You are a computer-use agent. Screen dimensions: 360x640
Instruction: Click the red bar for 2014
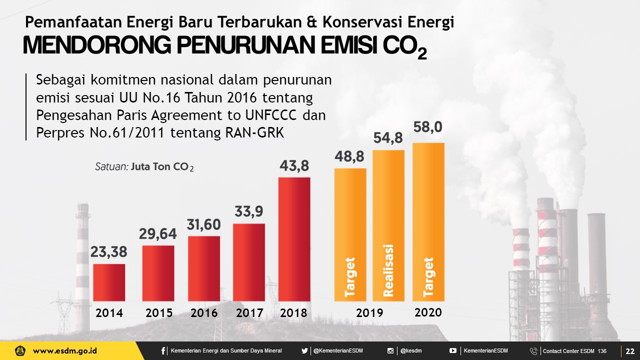tap(109, 282)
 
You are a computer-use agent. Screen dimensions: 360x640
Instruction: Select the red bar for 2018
tap(294, 239)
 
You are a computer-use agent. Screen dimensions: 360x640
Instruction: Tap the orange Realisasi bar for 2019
tap(388, 225)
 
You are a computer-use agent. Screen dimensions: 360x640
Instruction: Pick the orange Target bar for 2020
tap(428, 222)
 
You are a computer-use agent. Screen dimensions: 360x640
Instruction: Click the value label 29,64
tap(158, 233)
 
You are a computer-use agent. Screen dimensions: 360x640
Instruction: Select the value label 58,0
tap(428, 128)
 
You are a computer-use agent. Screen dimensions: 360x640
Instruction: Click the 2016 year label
tap(204, 313)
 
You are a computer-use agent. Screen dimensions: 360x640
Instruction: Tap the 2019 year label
tap(369, 313)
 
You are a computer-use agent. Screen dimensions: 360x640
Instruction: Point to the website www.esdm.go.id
tap(65, 351)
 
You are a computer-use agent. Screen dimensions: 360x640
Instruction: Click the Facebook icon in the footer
tap(163, 351)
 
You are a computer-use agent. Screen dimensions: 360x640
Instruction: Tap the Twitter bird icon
tap(304, 351)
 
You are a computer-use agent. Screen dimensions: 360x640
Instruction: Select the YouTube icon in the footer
tap(453, 351)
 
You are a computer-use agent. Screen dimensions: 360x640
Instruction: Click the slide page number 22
tap(629, 351)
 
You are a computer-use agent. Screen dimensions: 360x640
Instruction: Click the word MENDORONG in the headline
tap(96, 45)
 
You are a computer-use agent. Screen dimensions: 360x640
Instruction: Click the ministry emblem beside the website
tap(20, 351)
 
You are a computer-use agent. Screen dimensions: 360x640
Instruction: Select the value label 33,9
tap(249, 212)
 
